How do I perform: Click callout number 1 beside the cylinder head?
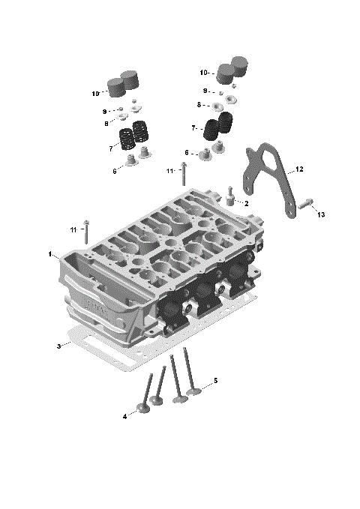(50, 255)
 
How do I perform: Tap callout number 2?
(246, 203)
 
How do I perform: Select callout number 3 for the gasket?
(58, 346)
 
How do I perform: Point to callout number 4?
(124, 416)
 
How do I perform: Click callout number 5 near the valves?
(215, 381)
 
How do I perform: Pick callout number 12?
(299, 169)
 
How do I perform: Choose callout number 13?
(321, 215)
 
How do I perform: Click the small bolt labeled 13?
(305, 202)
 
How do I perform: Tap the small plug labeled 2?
(232, 198)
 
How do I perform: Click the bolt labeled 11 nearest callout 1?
(87, 229)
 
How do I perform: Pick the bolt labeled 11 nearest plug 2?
(182, 175)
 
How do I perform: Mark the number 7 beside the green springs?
(110, 148)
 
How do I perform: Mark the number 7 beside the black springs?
(193, 128)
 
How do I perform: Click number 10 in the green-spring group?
(95, 94)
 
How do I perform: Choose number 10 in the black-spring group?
(203, 73)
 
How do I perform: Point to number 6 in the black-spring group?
(187, 153)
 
